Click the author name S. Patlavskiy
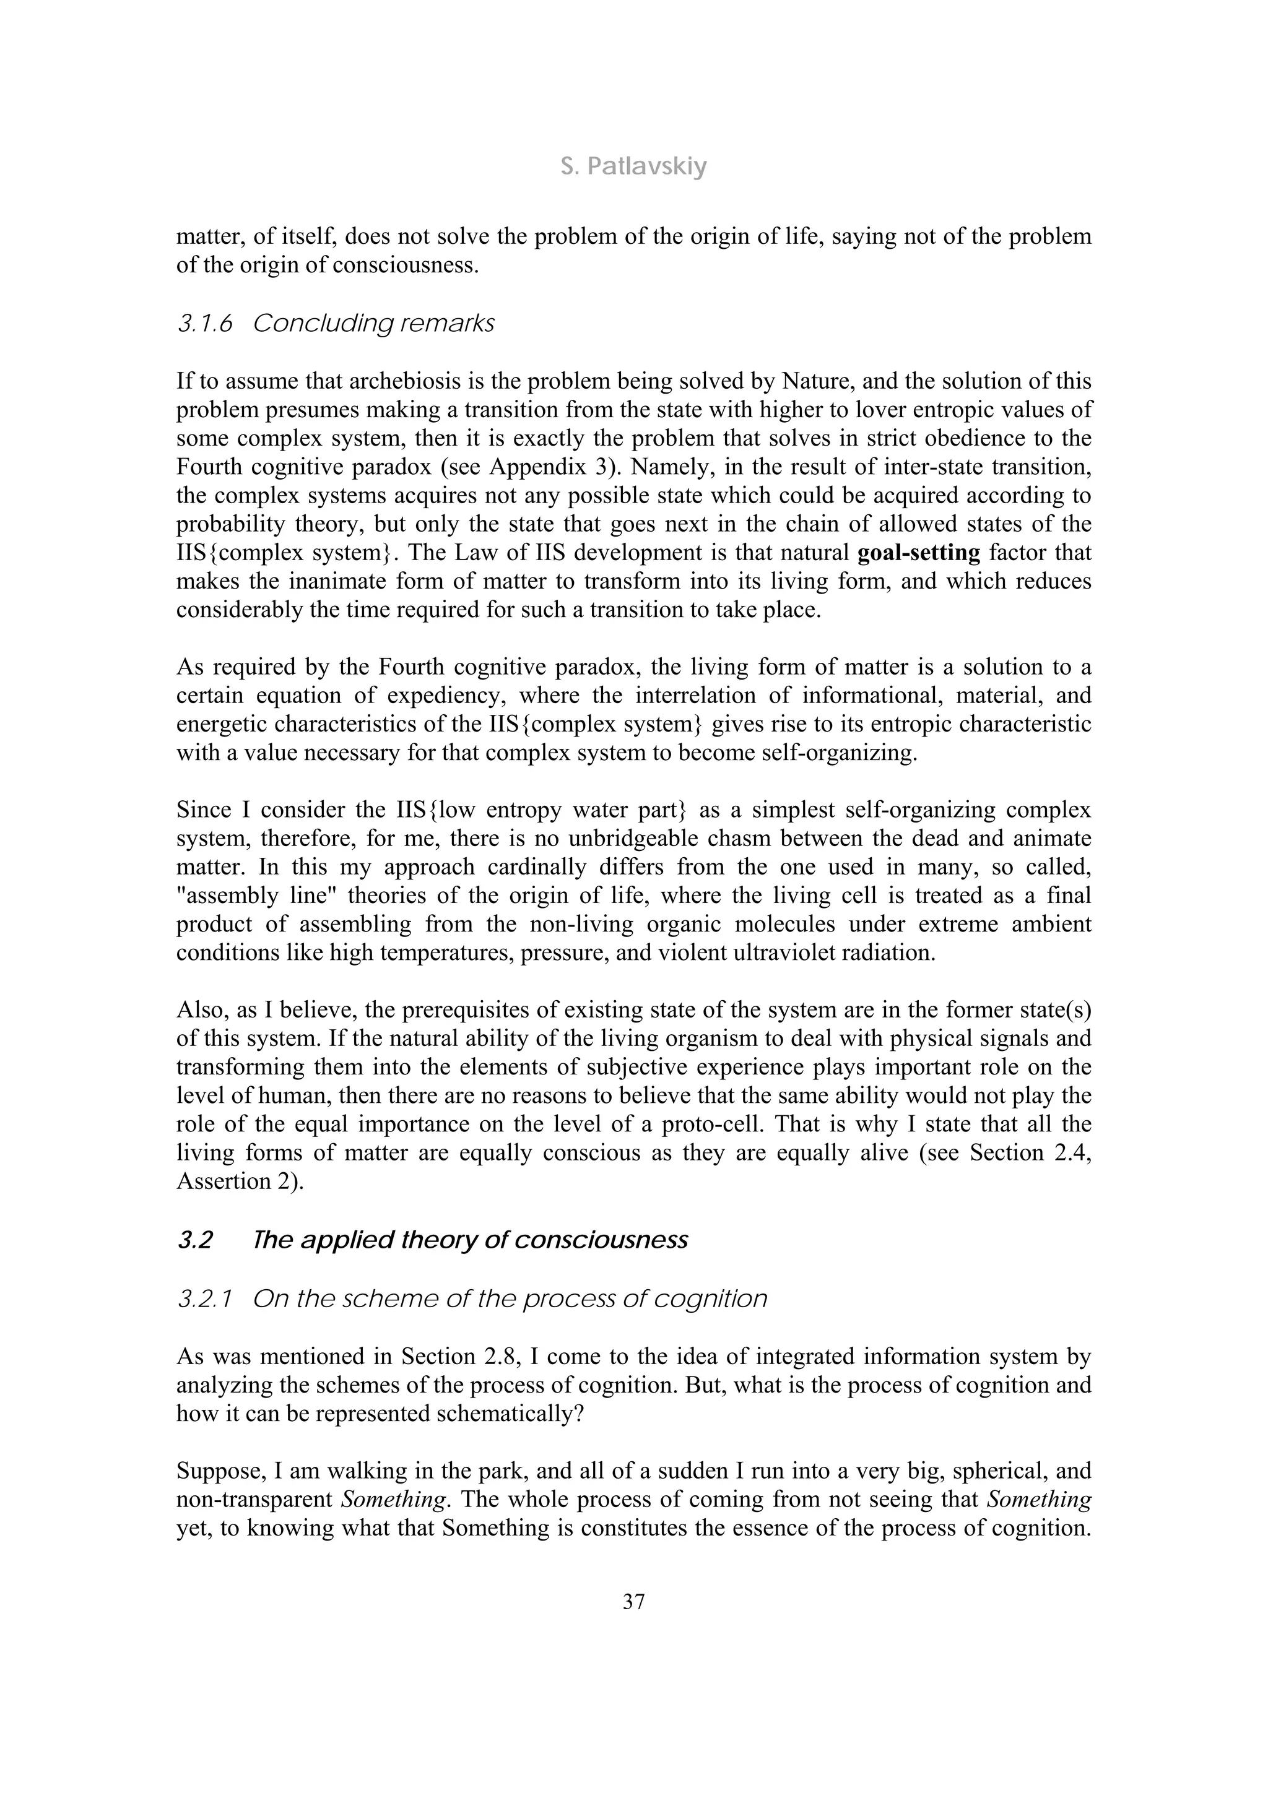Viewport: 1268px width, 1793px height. point(633,166)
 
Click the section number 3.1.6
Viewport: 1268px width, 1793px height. point(205,323)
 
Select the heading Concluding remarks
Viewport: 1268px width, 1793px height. point(373,323)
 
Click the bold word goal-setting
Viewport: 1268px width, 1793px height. point(919,553)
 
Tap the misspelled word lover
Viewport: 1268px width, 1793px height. point(907,409)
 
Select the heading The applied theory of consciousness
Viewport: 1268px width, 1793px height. point(471,1240)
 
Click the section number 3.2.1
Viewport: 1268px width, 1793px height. point(205,1298)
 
